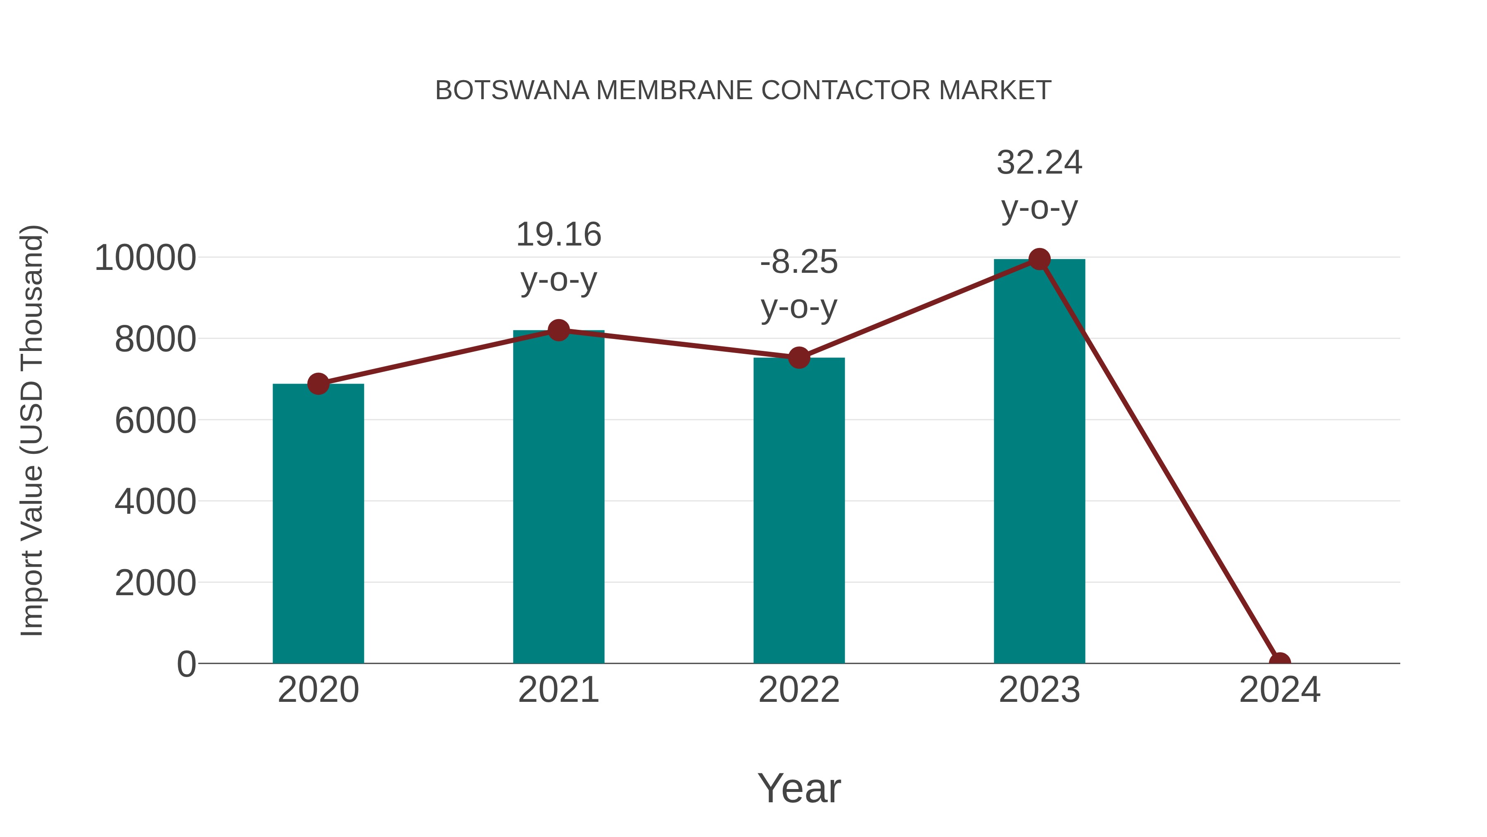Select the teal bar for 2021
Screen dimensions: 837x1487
[x=558, y=497]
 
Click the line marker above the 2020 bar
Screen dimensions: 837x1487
[x=318, y=384]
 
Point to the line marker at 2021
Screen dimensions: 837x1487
[x=558, y=330]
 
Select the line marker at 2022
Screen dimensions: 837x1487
[x=798, y=358]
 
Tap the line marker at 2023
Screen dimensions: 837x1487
[x=1039, y=259]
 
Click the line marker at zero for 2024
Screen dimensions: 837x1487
[x=1279, y=662]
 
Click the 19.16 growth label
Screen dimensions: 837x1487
[x=558, y=235]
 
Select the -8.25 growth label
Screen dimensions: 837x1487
[x=798, y=262]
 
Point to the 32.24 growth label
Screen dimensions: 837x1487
[x=1039, y=163]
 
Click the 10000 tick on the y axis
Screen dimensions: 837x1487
[x=145, y=258]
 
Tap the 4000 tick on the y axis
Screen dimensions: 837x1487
[x=155, y=501]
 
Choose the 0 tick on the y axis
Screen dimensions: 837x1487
[x=186, y=664]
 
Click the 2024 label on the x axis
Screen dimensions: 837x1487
[x=1279, y=690]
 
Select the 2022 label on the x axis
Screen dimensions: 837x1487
[x=798, y=690]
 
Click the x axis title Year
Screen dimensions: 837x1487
[x=798, y=788]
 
